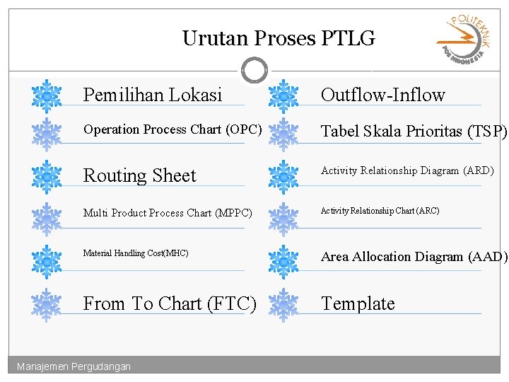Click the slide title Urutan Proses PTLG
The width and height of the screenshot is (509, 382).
click(x=279, y=38)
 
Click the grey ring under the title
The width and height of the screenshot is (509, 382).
click(x=255, y=70)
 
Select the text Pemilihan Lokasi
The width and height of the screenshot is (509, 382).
click(x=153, y=95)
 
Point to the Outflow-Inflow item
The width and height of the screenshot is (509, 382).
click(x=382, y=95)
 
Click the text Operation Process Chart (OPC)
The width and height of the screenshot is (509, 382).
click(x=172, y=129)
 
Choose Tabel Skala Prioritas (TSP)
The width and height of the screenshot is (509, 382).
click(x=414, y=131)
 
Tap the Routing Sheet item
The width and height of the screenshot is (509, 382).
click(x=140, y=175)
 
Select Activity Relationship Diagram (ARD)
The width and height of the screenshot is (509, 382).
click(x=407, y=170)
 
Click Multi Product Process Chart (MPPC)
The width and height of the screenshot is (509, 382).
click(x=168, y=213)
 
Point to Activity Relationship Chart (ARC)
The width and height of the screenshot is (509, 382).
click(x=380, y=211)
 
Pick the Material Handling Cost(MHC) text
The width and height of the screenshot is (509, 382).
click(x=136, y=253)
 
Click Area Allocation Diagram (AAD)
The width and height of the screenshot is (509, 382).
click(x=414, y=257)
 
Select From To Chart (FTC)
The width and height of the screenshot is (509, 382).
click(x=170, y=303)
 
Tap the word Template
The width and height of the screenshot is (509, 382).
click(x=358, y=303)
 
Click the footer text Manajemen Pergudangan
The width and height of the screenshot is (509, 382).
click(x=74, y=366)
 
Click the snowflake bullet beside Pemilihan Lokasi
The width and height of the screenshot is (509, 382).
click(x=47, y=95)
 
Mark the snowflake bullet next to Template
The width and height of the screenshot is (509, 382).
click(x=284, y=304)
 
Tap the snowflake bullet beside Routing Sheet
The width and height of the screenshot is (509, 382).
click(x=47, y=175)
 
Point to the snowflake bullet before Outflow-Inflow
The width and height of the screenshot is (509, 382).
click(x=284, y=95)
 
